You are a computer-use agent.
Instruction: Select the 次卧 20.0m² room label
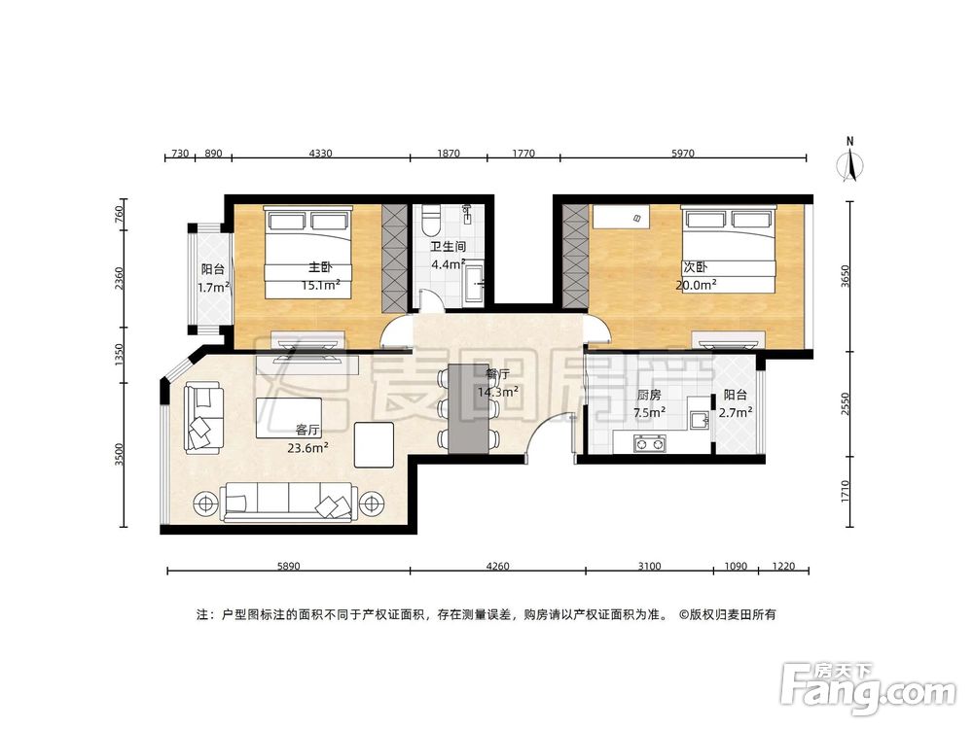(x=697, y=276)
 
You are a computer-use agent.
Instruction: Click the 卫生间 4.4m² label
(x=448, y=255)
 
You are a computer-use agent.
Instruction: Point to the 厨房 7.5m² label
(x=650, y=403)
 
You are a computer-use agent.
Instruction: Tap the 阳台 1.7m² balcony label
(x=213, y=278)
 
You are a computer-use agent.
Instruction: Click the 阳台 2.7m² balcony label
(x=736, y=403)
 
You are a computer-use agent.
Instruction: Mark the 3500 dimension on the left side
(x=120, y=455)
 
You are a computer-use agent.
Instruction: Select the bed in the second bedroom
(x=729, y=249)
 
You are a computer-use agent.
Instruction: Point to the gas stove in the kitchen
(x=649, y=445)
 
